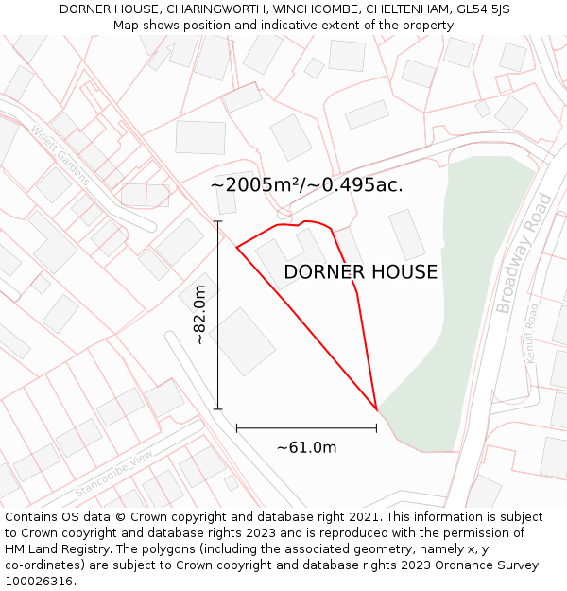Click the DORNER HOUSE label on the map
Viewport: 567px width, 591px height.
pos(360,272)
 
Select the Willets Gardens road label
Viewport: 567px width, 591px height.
pos(60,153)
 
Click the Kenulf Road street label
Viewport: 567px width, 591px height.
pos(531,333)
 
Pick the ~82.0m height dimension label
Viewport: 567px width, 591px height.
pos(199,314)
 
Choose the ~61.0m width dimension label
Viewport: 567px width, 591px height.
pos(306,447)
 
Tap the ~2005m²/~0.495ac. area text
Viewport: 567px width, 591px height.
pos(306,185)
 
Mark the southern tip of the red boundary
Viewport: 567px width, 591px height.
pos(377,410)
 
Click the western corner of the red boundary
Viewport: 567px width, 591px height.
pos(236,248)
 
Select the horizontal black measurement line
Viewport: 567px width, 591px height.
pos(306,428)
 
